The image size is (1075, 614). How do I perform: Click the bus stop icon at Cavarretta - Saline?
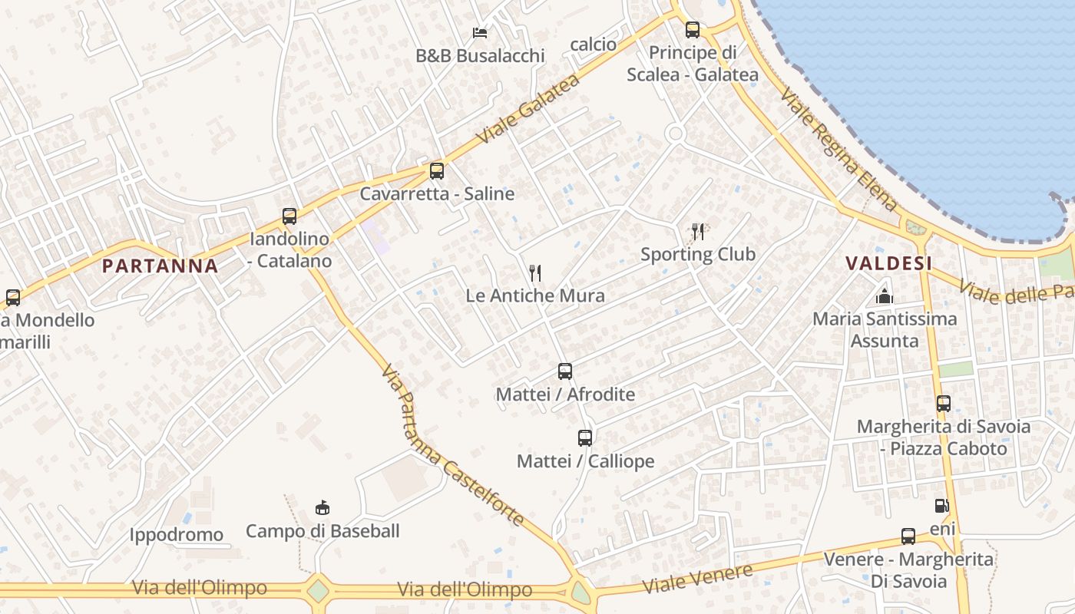coord(437,171)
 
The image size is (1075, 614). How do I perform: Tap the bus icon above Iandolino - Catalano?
coord(289,216)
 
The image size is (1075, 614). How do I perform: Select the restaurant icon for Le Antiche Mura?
coord(535,272)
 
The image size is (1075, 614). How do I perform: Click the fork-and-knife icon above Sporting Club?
coord(698,231)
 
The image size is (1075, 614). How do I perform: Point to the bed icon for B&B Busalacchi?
coord(480,33)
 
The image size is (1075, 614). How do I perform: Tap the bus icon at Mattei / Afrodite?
coord(565,371)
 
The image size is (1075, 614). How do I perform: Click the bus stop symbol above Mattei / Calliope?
coord(585,438)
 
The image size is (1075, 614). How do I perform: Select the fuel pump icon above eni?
coord(941,506)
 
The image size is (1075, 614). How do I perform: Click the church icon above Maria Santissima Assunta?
coord(885,295)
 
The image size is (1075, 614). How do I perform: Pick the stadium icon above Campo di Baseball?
coord(322,507)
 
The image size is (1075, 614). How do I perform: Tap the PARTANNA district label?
coord(160,266)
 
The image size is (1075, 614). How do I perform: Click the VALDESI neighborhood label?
coord(888,263)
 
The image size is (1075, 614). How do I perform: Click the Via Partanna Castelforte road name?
coord(453,445)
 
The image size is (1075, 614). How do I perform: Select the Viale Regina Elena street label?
coord(838,150)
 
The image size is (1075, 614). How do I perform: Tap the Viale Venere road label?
coord(697,579)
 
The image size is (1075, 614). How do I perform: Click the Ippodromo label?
coord(177,535)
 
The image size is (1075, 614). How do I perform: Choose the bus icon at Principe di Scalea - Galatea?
coord(693,30)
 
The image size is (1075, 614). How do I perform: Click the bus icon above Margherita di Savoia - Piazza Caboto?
coord(944,403)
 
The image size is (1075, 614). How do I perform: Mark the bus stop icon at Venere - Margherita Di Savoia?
coord(908,536)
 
